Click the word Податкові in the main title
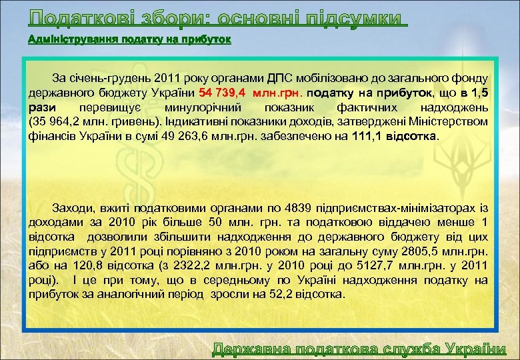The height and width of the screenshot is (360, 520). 73,17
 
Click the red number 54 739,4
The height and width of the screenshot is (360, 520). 224,92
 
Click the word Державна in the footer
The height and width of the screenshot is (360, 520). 252,349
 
